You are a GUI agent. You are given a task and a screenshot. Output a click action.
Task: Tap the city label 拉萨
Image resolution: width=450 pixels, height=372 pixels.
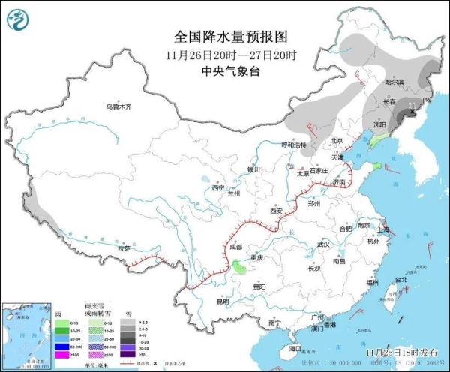pos(124,247)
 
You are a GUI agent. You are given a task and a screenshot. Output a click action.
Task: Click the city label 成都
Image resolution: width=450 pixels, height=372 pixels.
pos(236,246)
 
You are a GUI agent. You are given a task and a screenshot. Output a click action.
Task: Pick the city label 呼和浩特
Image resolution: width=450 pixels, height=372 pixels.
pos(294,144)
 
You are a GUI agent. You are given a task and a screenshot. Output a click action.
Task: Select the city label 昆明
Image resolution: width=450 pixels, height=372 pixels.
pos(223,301)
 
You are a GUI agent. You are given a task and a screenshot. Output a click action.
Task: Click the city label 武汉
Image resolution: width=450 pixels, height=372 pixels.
pos(323,244)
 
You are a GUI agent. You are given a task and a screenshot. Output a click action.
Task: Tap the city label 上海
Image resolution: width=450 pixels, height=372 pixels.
pos(384,231)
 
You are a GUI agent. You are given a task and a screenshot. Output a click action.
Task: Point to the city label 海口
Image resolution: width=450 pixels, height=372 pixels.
pos(295,348)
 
